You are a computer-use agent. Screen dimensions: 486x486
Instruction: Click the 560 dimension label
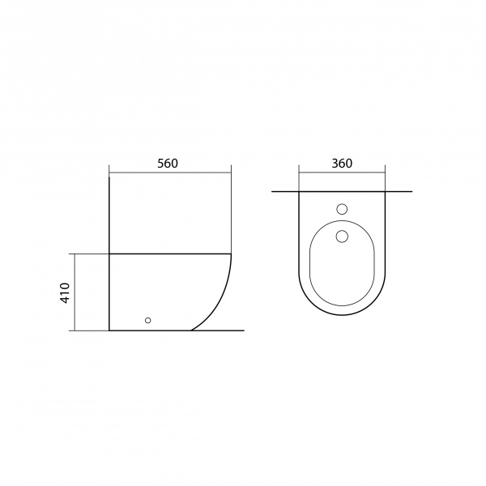(168, 164)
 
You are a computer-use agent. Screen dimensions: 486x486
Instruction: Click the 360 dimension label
(342, 164)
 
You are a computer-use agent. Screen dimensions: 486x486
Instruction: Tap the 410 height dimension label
(66, 292)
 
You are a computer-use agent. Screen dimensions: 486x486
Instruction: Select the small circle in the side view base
(148, 320)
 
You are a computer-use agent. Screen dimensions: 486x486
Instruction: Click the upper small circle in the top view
(342, 209)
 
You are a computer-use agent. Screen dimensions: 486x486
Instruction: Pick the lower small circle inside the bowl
(342, 237)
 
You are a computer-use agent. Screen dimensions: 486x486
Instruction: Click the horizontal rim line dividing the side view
(170, 254)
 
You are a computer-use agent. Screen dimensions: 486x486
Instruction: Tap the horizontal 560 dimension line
(170, 173)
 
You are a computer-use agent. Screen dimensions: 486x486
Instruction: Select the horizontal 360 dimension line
(342, 173)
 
